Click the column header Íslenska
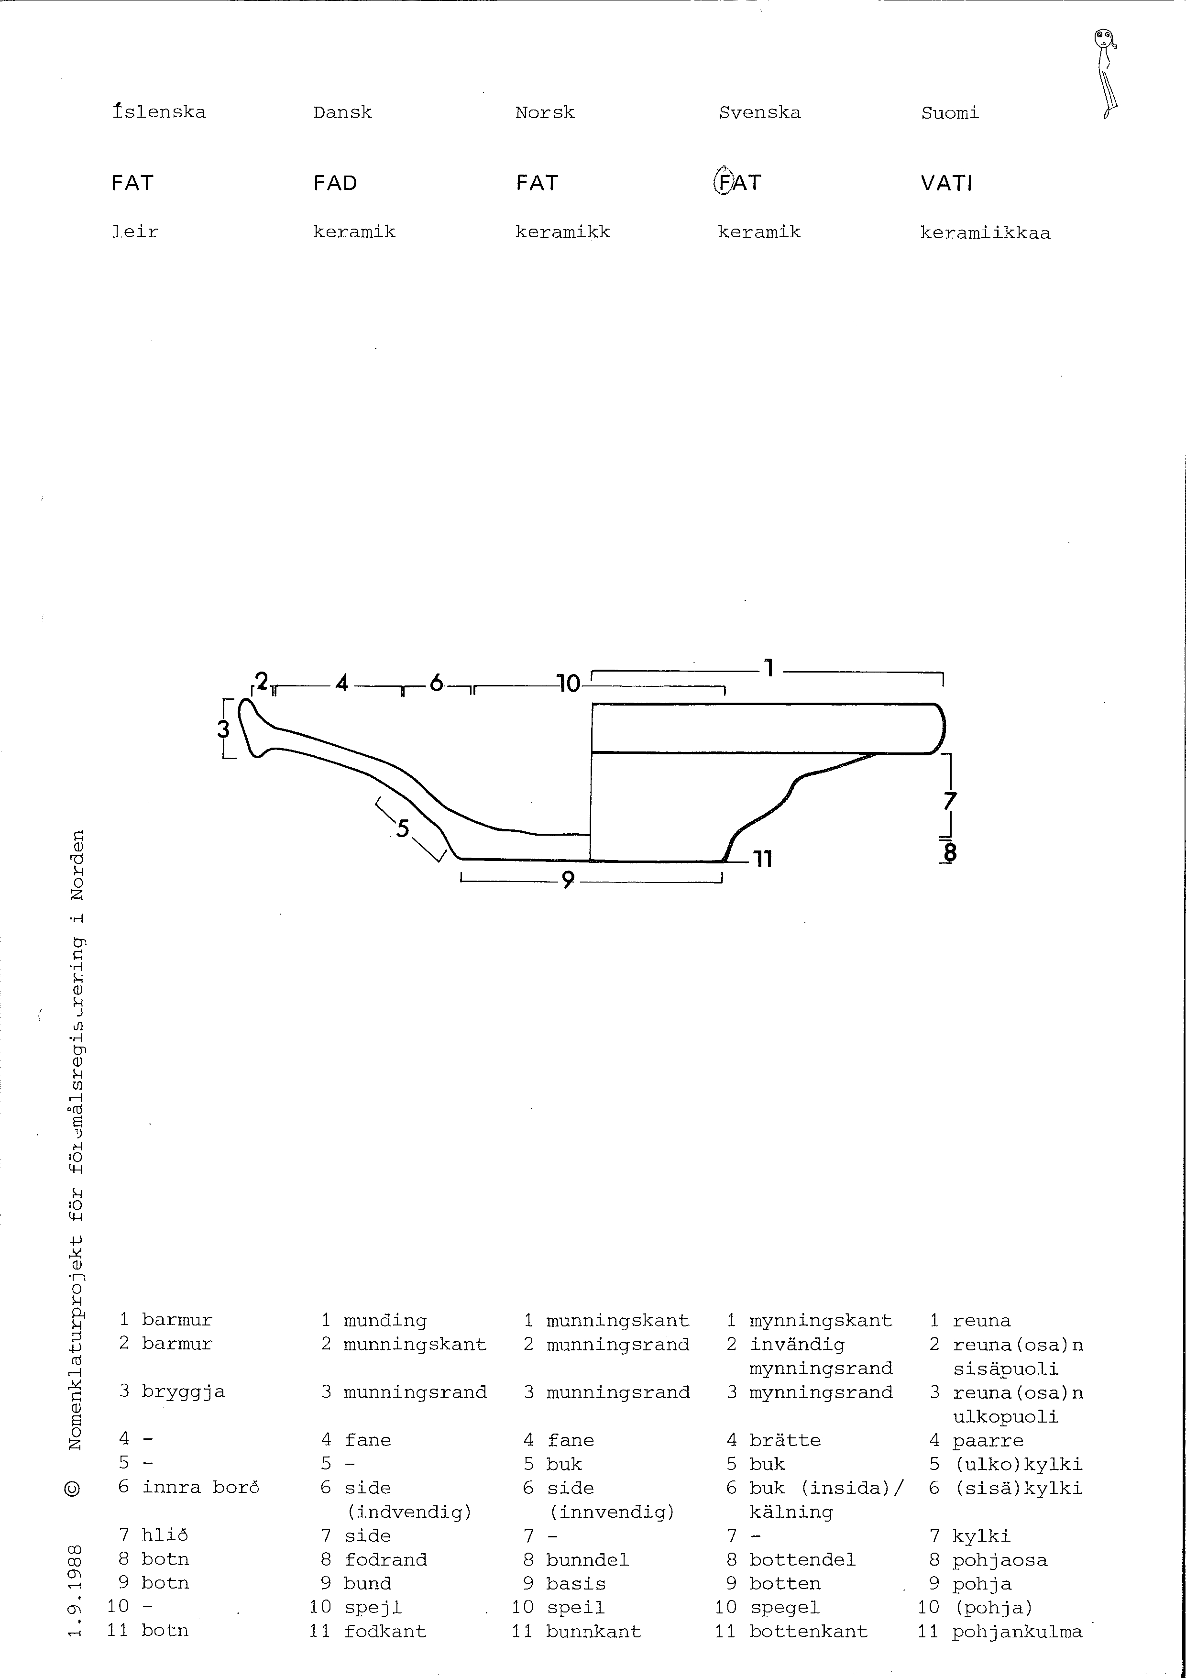[x=159, y=112]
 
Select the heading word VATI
[x=946, y=183]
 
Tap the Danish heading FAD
[x=335, y=183]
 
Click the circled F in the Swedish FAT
[x=724, y=182]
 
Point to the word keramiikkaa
[x=985, y=233]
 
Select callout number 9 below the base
[x=568, y=880]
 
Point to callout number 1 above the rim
[x=768, y=667]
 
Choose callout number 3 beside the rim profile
[x=224, y=729]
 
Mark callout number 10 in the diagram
[x=569, y=684]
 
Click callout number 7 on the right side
[x=949, y=802]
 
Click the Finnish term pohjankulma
[x=1016, y=1632]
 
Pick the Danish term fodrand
[x=386, y=1559]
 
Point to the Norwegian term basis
[x=576, y=1584]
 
